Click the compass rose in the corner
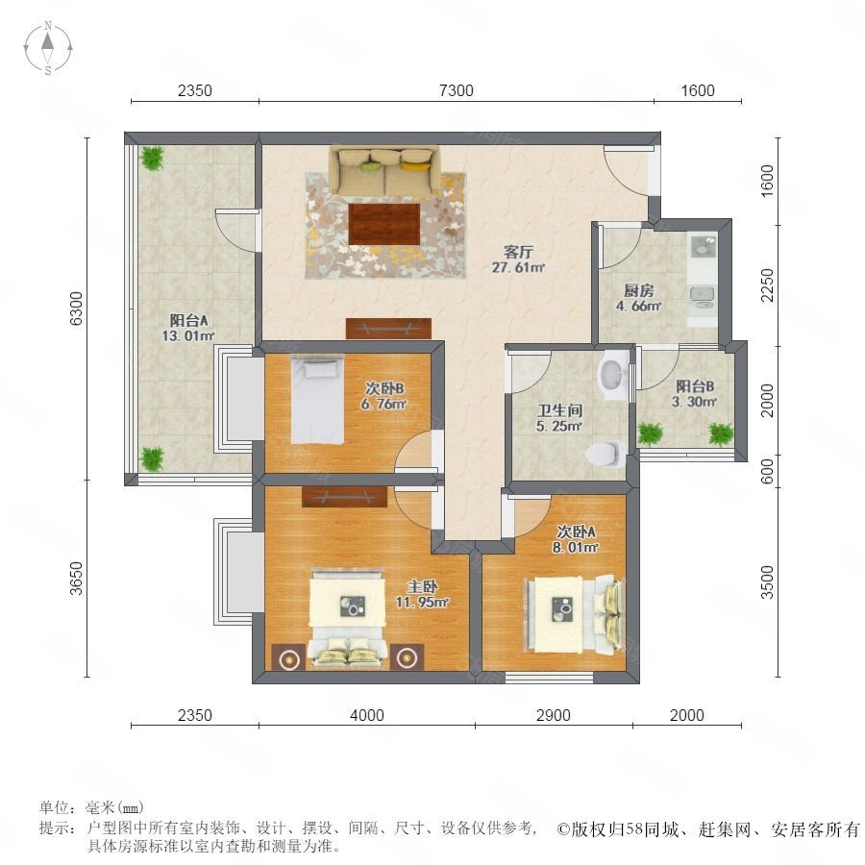coord(48,48)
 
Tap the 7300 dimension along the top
coord(457,90)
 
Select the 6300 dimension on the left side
coord(77,309)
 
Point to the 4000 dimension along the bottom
coord(367,715)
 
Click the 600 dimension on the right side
coord(767,471)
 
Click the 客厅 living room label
coord(518,252)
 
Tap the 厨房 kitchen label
coord(639,290)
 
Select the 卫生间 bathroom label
coord(559,410)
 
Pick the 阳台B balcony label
coord(695,386)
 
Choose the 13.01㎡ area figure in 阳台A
coord(187,336)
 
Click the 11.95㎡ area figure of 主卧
coord(422,603)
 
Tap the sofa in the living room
coord(384,170)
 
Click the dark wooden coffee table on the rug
coord(384,224)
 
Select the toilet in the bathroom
coord(605,454)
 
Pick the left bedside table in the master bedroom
coord(288,657)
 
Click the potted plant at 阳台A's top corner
coord(152,158)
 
